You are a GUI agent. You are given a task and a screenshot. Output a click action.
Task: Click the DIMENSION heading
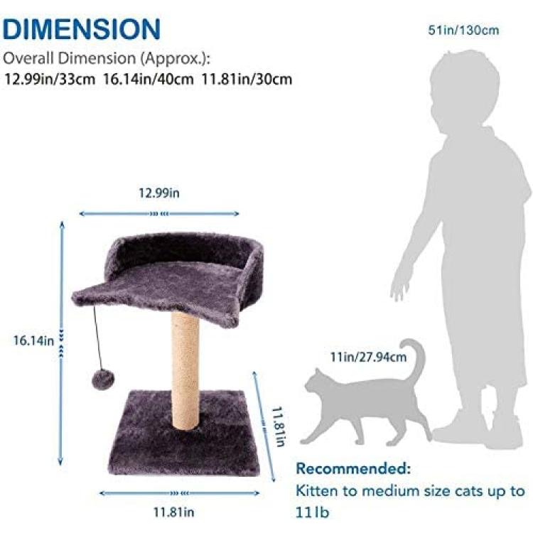click(82, 29)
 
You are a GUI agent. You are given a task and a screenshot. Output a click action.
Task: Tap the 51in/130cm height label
click(463, 31)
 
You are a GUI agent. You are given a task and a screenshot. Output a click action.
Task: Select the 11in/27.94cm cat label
click(368, 357)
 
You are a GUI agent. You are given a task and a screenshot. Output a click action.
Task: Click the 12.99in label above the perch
click(158, 193)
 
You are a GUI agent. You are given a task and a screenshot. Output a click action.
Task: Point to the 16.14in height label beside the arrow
click(33, 340)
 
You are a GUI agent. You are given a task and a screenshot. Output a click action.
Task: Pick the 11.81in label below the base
click(173, 512)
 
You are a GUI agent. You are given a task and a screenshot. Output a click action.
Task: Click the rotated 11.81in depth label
click(279, 426)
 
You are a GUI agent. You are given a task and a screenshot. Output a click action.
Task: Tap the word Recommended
click(353, 468)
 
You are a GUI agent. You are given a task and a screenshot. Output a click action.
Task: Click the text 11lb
click(312, 512)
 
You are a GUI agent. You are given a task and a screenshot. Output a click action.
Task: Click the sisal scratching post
click(185, 370)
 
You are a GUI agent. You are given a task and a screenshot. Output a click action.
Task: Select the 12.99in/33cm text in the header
click(50, 79)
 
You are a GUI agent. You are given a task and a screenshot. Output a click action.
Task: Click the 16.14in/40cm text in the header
click(149, 79)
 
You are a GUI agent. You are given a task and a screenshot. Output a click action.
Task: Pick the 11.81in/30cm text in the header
click(247, 79)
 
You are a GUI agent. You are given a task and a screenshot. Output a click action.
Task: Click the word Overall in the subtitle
click(28, 58)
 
